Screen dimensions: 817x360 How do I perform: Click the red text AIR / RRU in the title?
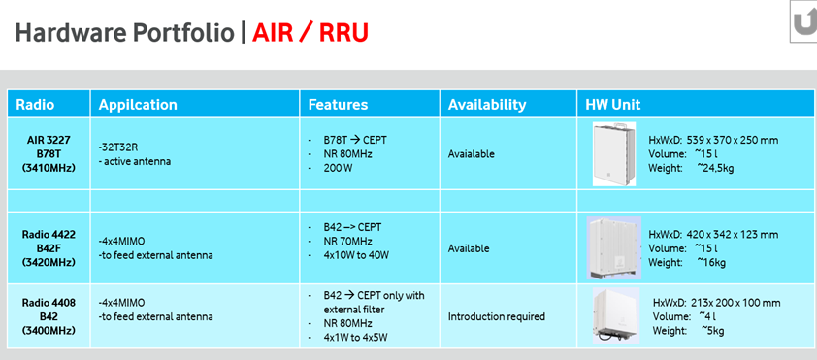click(x=310, y=33)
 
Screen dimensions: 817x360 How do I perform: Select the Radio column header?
click(x=35, y=104)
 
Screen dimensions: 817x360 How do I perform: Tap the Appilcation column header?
click(x=138, y=104)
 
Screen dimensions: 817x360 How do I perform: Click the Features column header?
click(x=339, y=104)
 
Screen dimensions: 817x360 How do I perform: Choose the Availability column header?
click(x=487, y=104)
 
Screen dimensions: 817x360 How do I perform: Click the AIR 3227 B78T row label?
click(x=49, y=153)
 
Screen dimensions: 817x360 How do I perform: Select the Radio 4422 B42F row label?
click(x=49, y=248)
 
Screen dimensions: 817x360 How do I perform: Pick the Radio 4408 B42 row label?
click(x=49, y=316)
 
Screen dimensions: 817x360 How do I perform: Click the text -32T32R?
click(x=117, y=147)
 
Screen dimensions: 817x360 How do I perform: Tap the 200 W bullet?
click(x=337, y=168)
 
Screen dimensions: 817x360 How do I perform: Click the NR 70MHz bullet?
click(x=347, y=242)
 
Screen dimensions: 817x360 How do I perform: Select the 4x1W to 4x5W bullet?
click(x=356, y=337)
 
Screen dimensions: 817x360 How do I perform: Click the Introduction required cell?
click(x=497, y=316)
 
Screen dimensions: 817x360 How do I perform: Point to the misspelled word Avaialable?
click(x=471, y=153)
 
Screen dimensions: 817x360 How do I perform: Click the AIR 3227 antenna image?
click(x=614, y=153)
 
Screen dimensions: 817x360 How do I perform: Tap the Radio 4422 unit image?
click(x=614, y=248)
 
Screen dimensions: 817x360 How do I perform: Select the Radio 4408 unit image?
click(x=616, y=315)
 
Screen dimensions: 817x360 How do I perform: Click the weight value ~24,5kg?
click(x=715, y=168)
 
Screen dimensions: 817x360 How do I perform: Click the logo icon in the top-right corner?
click(x=803, y=22)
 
